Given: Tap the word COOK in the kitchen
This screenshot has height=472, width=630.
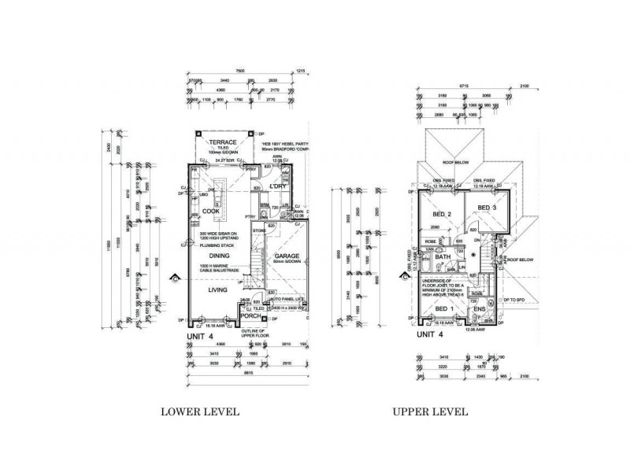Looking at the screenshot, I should click(x=211, y=211).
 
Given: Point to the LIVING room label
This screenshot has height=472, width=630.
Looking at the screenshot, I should click(x=218, y=290).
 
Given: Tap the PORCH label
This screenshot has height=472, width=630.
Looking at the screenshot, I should click(x=250, y=316).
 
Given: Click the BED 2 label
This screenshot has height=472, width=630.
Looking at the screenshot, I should click(x=441, y=215).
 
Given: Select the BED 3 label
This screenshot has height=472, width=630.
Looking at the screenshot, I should click(x=487, y=207).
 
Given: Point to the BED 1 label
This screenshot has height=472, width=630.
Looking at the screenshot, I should click(x=446, y=309).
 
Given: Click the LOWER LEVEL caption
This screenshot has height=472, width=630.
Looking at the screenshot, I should click(x=200, y=411).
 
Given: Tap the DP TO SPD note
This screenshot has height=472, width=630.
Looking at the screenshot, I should click(x=518, y=301).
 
